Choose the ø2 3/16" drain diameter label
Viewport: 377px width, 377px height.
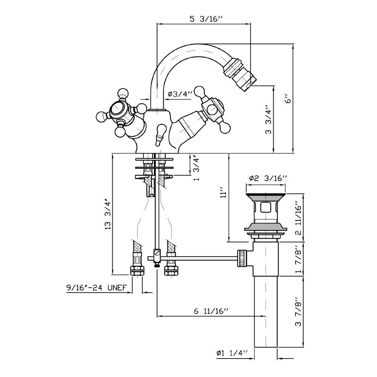click(x=268, y=178)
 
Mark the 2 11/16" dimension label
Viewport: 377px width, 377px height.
click(x=298, y=218)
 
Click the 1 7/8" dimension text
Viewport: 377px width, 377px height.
click(x=298, y=259)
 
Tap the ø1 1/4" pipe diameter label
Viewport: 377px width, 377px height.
click(x=231, y=353)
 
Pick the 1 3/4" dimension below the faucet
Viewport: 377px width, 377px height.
click(x=196, y=169)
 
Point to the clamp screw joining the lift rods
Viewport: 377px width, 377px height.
click(x=157, y=253)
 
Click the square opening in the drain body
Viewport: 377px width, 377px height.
click(x=266, y=208)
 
